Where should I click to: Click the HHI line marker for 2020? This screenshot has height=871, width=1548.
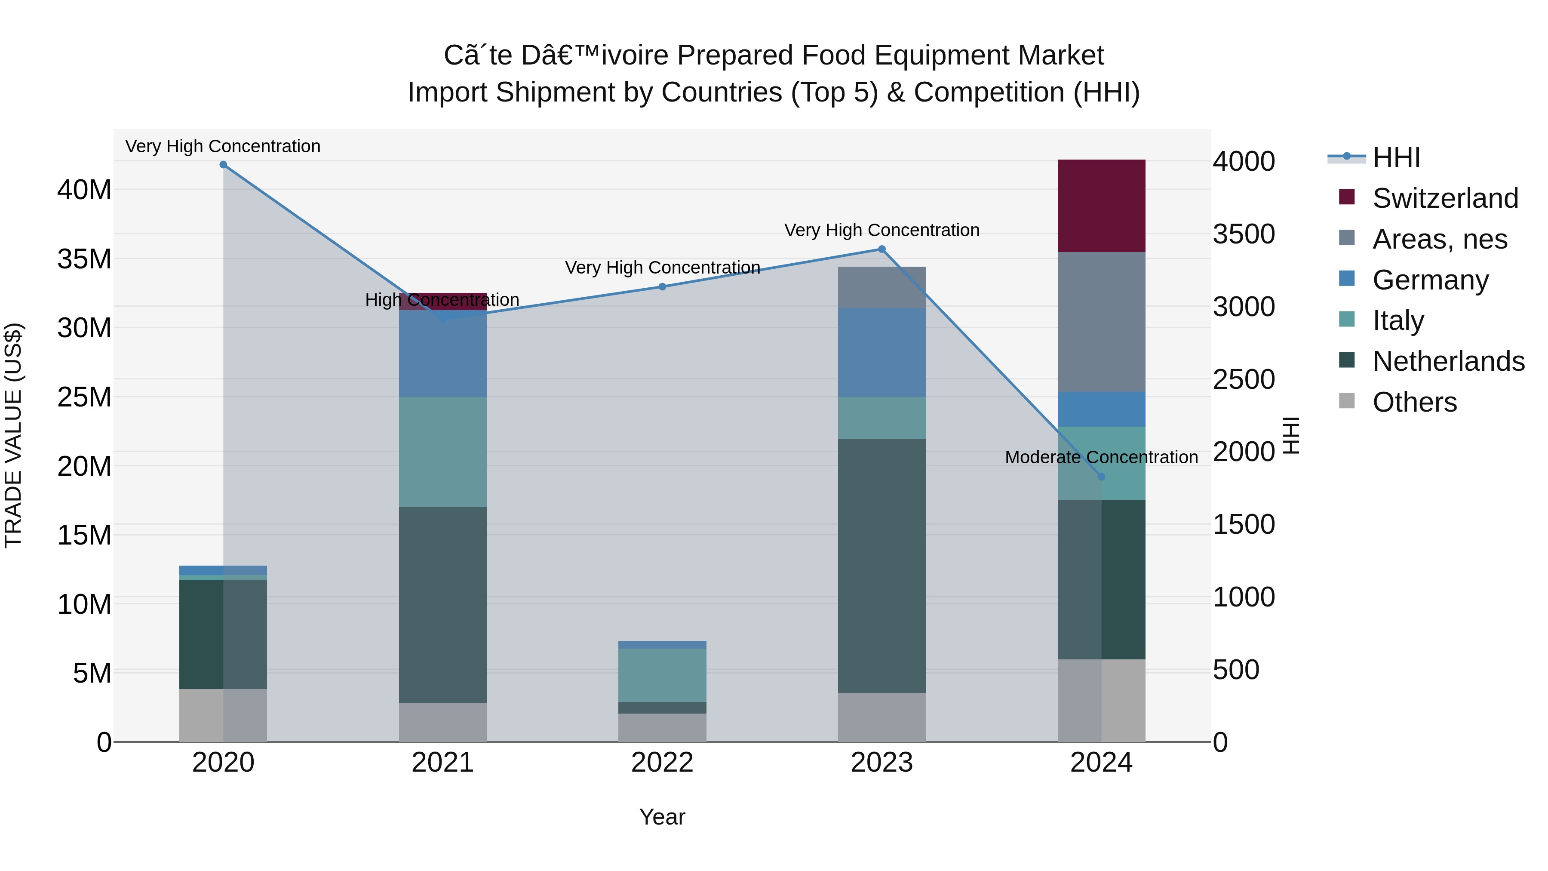coord(223,164)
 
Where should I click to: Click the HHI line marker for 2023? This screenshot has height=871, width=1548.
coord(881,249)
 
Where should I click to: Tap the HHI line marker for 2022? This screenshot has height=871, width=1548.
coord(662,287)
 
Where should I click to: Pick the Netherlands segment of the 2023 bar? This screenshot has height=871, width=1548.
coord(881,565)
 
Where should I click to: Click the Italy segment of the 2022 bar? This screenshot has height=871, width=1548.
coord(662,674)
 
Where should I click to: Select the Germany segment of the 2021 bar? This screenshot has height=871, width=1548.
coord(443,355)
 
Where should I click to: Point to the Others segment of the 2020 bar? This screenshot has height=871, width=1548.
coord(223,715)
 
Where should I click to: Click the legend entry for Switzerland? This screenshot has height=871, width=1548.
coord(1445,198)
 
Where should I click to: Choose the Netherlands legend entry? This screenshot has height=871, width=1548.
coord(1448,361)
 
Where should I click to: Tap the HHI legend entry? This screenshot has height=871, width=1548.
coord(1396,157)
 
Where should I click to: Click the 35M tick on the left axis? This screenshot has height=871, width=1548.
coord(84,259)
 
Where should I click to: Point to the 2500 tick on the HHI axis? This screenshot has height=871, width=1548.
coord(1243,379)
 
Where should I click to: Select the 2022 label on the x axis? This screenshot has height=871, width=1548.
coord(662,763)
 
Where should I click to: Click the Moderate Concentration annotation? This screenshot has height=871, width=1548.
coord(1101,458)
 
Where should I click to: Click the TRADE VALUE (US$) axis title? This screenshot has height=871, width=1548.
coord(13,435)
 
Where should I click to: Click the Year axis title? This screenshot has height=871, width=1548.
coord(662,817)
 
